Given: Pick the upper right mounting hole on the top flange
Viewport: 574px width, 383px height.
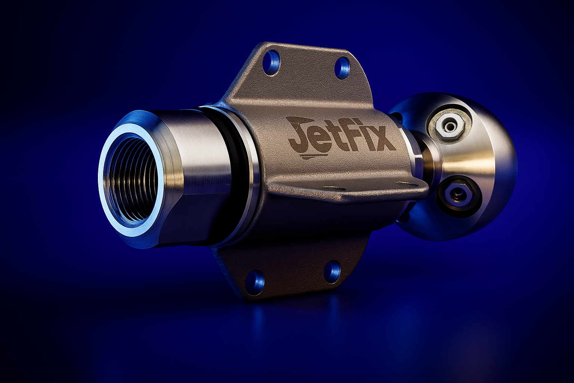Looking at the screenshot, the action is click(x=342, y=68).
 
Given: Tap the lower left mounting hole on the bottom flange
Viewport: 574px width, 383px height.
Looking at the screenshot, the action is click(x=254, y=282).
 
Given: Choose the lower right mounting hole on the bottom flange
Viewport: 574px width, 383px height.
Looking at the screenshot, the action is click(x=333, y=272).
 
